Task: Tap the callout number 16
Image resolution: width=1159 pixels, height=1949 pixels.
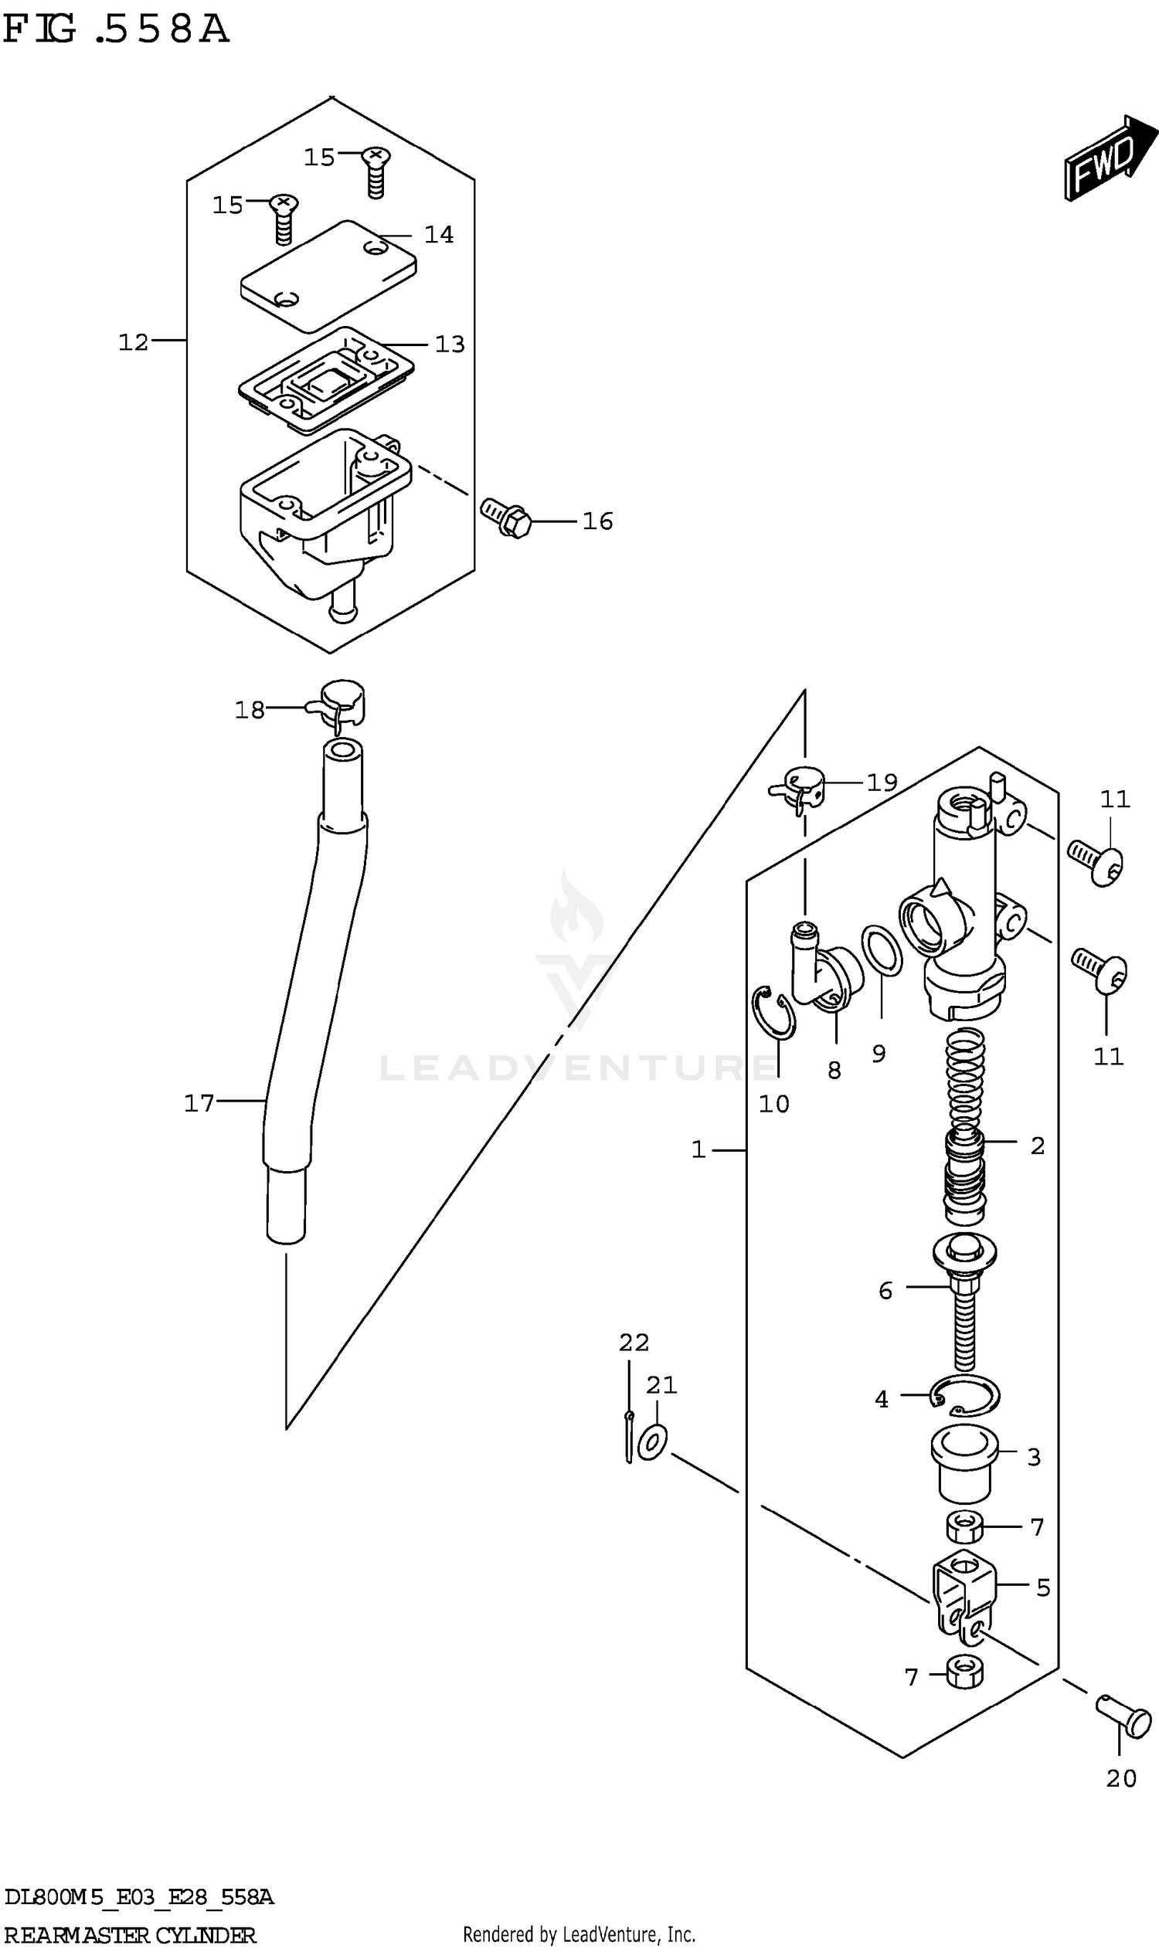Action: (x=597, y=521)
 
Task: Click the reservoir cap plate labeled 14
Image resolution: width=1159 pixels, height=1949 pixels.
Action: (x=328, y=275)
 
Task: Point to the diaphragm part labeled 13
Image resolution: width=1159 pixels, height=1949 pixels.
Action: (x=325, y=378)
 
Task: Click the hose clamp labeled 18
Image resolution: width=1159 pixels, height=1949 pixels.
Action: (x=342, y=701)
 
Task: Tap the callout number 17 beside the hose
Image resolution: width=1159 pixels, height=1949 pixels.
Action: (x=199, y=1102)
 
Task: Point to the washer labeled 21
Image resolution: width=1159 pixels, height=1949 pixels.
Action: (x=653, y=1441)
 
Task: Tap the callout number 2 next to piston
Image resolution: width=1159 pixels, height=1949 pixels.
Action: (x=1037, y=1146)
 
